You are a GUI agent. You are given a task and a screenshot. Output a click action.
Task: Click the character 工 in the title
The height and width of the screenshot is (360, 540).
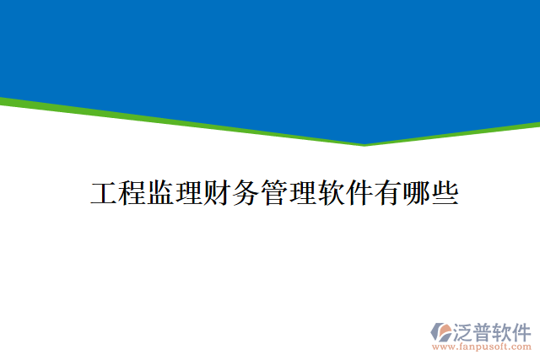[x=104, y=194]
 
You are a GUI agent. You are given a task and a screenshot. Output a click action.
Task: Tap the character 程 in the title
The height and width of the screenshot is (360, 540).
[x=132, y=194]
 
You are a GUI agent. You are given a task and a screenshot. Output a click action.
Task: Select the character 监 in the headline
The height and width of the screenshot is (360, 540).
[x=161, y=194]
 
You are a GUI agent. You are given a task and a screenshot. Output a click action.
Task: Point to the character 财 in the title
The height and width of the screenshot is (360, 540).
[x=219, y=194]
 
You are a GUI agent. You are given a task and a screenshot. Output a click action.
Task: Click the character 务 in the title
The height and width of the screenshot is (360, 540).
[x=247, y=194]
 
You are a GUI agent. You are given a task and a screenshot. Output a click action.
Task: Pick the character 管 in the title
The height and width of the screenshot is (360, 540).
[x=276, y=194]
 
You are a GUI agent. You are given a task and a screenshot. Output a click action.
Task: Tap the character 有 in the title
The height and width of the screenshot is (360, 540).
[x=390, y=194]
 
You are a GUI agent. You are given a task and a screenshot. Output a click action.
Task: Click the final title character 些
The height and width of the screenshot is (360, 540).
[x=446, y=194]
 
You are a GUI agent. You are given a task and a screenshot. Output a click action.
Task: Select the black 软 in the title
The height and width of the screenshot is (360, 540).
[x=332, y=194]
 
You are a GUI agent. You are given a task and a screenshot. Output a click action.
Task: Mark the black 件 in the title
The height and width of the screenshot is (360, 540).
[x=361, y=194]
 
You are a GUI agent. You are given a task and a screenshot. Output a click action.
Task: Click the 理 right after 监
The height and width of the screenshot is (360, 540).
[x=190, y=194]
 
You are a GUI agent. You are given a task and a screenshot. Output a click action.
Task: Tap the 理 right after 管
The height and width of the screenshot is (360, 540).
[x=305, y=194]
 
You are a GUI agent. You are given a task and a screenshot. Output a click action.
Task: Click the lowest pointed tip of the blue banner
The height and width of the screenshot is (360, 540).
[x=364, y=143]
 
